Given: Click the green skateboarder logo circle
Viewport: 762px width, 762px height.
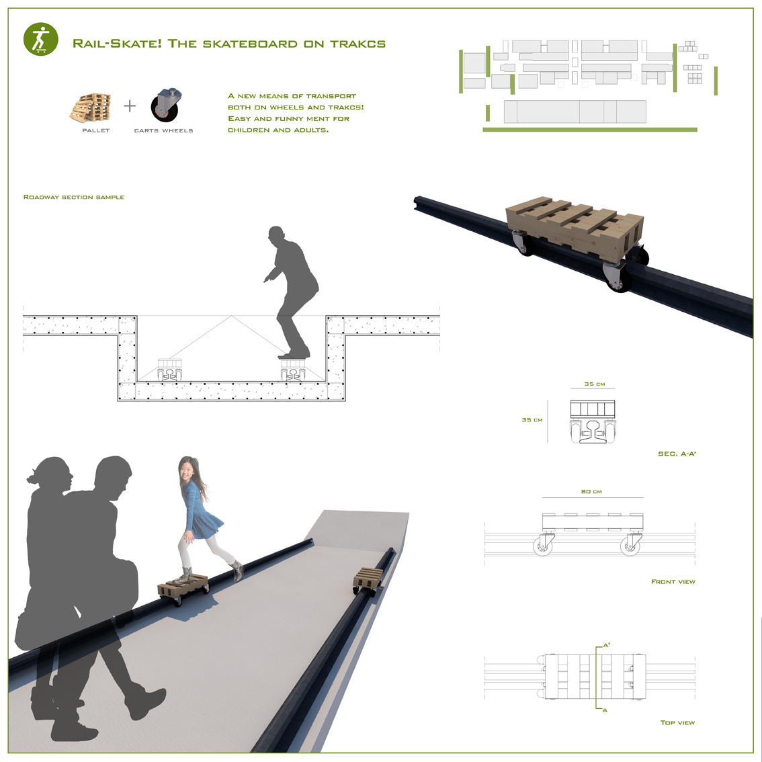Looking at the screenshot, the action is [x=41, y=39].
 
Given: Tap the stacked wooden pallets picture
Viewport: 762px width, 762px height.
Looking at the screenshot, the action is [x=91, y=108].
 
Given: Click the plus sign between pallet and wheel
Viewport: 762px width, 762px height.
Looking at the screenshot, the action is [x=130, y=105].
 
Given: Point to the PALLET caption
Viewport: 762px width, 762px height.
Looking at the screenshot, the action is [x=95, y=130].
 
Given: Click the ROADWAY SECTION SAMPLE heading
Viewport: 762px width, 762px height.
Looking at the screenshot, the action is [x=74, y=197].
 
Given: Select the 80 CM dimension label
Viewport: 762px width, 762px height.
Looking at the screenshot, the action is [x=591, y=491].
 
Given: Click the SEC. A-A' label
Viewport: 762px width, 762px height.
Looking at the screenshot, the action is [x=677, y=454].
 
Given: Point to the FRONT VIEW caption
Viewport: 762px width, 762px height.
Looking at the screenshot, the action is [x=673, y=581].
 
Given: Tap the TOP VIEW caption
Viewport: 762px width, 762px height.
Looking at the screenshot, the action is [x=677, y=722].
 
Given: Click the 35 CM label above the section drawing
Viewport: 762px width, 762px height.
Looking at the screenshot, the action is [x=595, y=384].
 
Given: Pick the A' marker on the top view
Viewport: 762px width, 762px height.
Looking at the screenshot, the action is [x=607, y=645].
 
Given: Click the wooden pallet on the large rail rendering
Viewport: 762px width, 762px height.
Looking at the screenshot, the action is [x=575, y=224].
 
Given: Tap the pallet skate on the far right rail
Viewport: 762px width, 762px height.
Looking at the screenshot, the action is [x=368, y=581].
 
